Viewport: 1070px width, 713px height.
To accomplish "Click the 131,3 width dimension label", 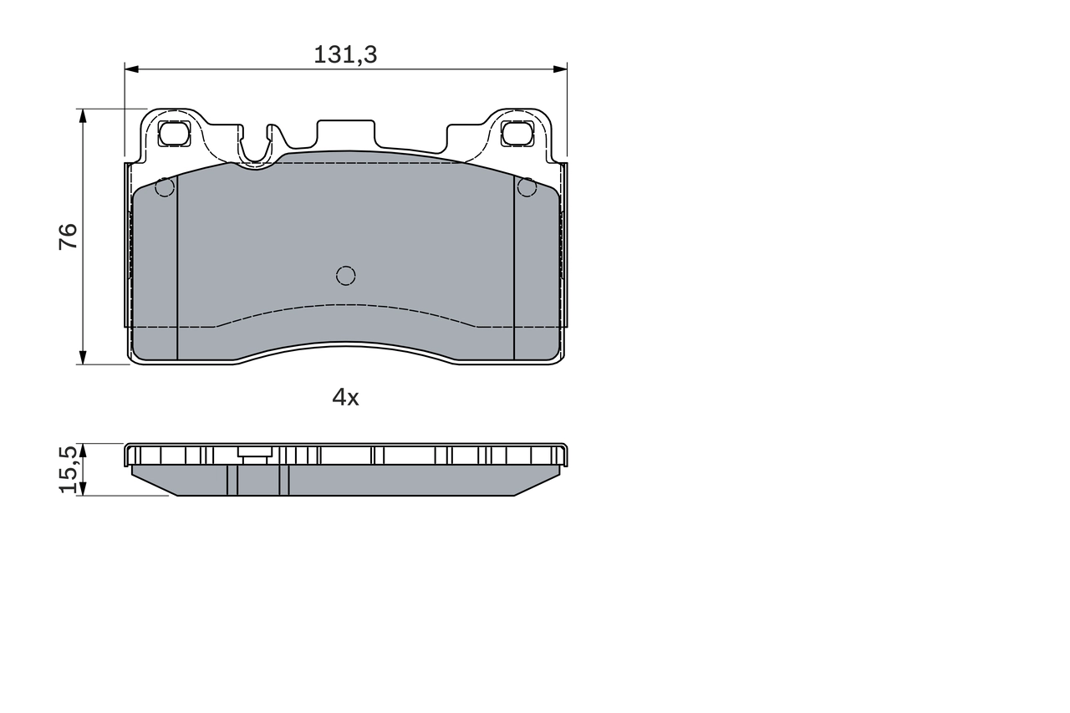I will pyautogui.click(x=345, y=55).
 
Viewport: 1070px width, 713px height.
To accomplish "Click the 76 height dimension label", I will pyautogui.click(x=69, y=237).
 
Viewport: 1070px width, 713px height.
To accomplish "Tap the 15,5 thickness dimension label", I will pyautogui.click(x=70, y=469).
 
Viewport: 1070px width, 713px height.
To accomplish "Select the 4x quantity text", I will pyautogui.click(x=345, y=398).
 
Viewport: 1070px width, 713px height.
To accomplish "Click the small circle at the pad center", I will pyautogui.click(x=345, y=275).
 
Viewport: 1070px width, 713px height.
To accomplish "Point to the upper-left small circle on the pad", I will pyautogui.click(x=165, y=187).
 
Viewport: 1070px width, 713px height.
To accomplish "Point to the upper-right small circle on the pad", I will pyautogui.click(x=527, y=187).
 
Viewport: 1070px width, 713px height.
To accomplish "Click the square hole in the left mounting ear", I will pyautogui.click(x=174, y=133).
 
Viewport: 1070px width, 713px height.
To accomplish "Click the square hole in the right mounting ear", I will pyautogui.click(x=517, y=133).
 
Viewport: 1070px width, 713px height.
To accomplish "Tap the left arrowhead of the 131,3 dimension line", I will pyautogui.click(x=130, y=69).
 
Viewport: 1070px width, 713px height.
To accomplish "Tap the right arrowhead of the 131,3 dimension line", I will pyautogui.click(x=561, y=69).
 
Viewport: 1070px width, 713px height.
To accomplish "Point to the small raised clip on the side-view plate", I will pyautogui.click(x=254, y=456).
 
